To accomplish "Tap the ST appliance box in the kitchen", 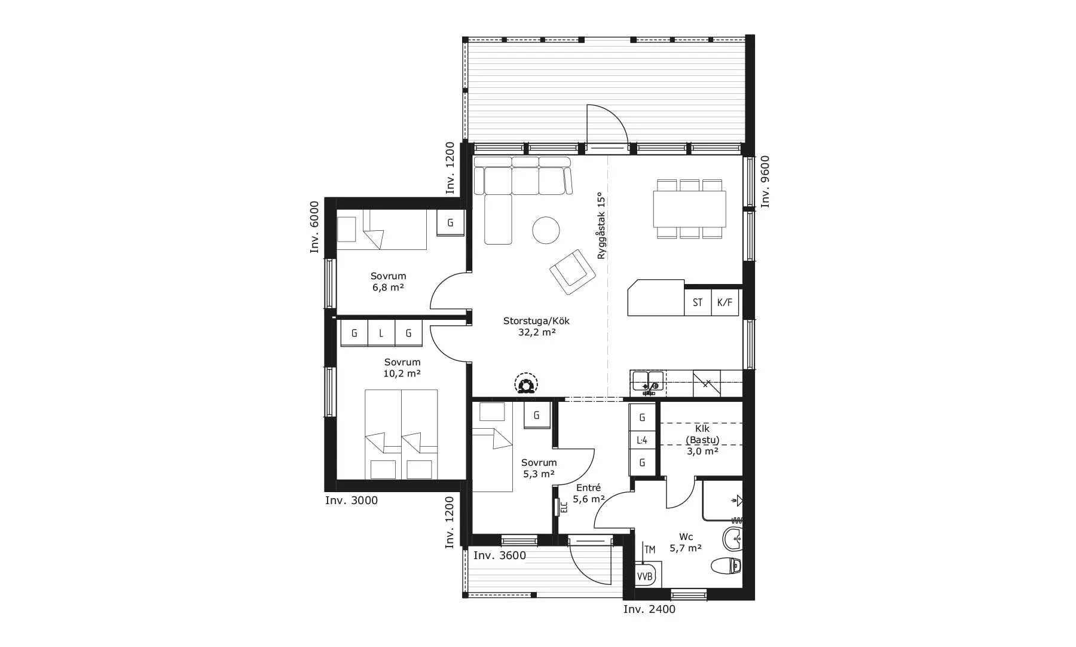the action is coord(698,303).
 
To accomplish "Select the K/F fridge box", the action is coord(725,303).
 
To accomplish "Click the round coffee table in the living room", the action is coord(546,230).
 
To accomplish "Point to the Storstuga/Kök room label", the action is coord(537,326).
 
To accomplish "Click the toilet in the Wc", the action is coord(726,565).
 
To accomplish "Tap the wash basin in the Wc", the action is coord(732,539).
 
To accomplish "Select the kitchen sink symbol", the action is coord(648,383).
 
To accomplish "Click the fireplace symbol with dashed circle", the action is coord(526,384).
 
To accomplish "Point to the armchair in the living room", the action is coord(573,272).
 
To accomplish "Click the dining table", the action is coord(689,209).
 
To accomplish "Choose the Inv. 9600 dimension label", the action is coord(765,182).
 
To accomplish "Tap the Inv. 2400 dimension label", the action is coord(649,609).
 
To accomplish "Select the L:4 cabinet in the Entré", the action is coord(643,441).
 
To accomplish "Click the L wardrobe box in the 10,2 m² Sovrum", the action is coord(381,333).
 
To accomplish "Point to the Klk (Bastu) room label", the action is coord(702,434).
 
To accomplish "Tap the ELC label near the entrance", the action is coord(564,507).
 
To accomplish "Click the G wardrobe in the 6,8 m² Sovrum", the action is coord(450,222).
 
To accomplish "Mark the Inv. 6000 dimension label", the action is coord(314,227).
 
